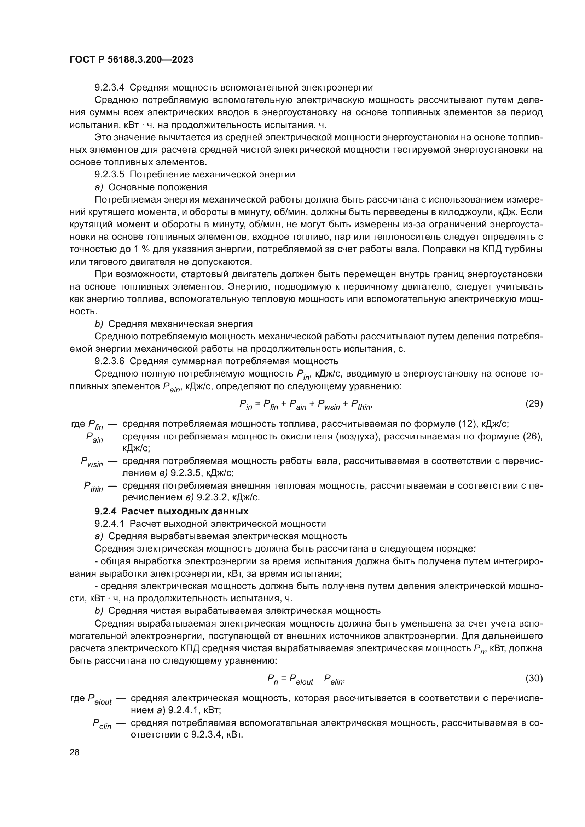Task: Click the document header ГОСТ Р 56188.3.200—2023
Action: point(132,59)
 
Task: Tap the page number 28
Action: point(75,752)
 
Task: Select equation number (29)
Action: point(534,403)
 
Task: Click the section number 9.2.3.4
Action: point(109,88)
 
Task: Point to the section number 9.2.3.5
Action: point(109,175)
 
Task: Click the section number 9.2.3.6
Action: point(109,361)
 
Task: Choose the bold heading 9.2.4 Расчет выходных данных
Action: point(172,512)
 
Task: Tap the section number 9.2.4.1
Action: point(109,524)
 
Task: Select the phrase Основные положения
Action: point(158,187)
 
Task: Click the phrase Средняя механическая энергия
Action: point(180,324)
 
